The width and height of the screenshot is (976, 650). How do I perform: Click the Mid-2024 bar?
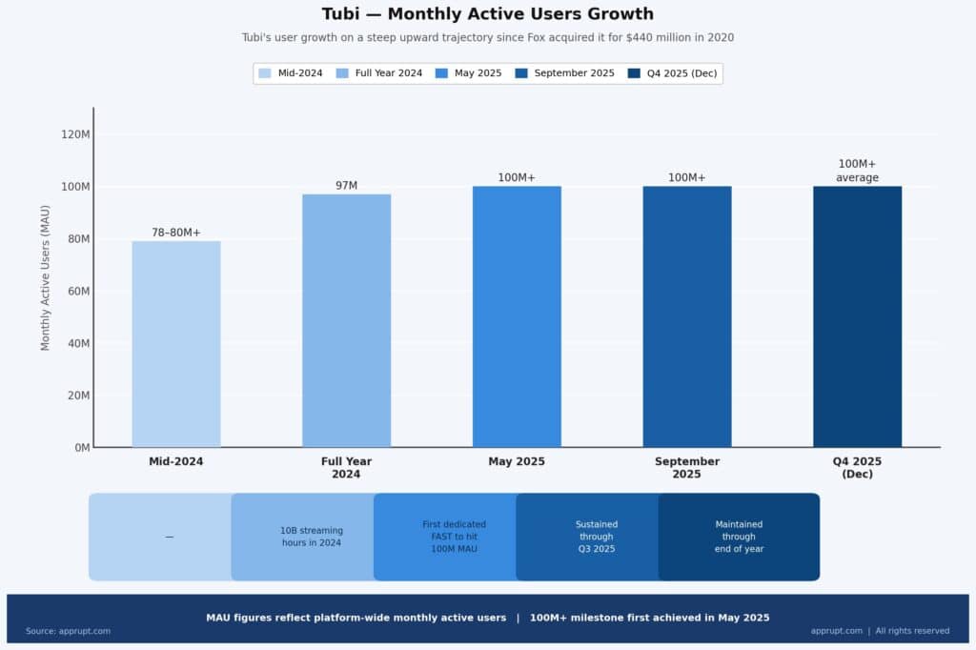click(x=176, y=344)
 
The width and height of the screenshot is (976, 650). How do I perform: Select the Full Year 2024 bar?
click(x=346, y=320)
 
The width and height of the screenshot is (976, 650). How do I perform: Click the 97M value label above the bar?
click(x=346, y=185)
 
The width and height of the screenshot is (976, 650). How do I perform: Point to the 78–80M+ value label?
click(x=176, y=233)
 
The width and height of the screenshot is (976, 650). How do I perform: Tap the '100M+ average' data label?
click(x=857, y=171)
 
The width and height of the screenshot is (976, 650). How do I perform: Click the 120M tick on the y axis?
click(x=75, y=134)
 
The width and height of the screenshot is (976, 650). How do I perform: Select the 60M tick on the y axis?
click(x=75, y=291)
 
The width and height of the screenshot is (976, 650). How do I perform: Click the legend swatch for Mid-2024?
click(x=265, y=73)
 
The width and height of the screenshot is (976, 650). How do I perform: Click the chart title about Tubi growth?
click(x=487, y=14)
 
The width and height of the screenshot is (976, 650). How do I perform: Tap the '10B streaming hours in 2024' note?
click(x=312, y=537)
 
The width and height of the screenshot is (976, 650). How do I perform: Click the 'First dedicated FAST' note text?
click(x=454, y=537)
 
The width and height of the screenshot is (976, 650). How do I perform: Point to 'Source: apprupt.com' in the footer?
click(x=68, y=631)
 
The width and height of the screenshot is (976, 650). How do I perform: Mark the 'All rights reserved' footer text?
click(x=912, y=631)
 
